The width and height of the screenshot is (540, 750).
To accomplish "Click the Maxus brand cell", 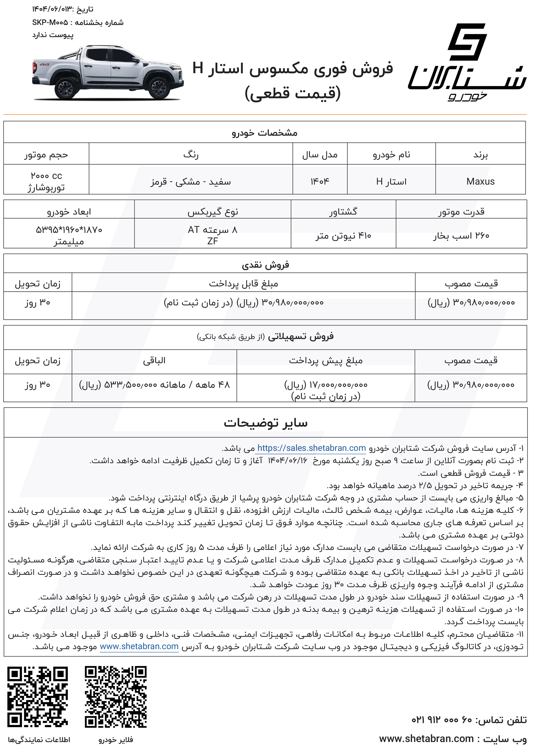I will [x=480, y=181].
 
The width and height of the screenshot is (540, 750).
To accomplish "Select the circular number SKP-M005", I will [x=50, y=22].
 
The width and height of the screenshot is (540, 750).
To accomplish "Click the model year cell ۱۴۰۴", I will [x=319, y=181].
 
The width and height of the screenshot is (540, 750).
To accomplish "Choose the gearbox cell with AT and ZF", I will [x=213, y=235].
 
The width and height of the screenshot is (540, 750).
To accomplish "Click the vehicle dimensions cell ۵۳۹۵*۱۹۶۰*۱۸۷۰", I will [x=69, y=235].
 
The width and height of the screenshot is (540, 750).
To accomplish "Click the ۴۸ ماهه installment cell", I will [x=154, y=384].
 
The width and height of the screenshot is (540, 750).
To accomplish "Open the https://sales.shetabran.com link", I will [x=311, y=448].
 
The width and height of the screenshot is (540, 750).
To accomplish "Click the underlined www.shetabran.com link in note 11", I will [x=139, y=646].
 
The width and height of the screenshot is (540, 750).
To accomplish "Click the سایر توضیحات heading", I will [x=265, y=423].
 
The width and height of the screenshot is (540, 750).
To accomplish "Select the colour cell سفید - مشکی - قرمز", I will [x=191, y=181].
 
